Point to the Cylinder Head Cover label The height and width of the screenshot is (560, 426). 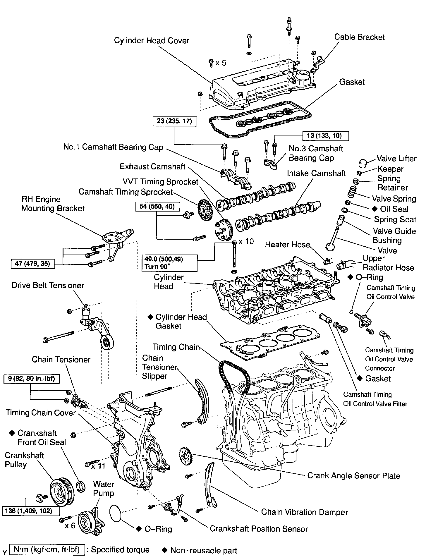152,40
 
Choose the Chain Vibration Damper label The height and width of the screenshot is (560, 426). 304,512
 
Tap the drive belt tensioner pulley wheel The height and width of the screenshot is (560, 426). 106,343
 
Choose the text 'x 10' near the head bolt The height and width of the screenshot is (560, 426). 246,242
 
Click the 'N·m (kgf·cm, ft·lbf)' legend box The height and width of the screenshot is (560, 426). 47,550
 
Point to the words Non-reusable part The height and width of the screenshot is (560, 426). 203,550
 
